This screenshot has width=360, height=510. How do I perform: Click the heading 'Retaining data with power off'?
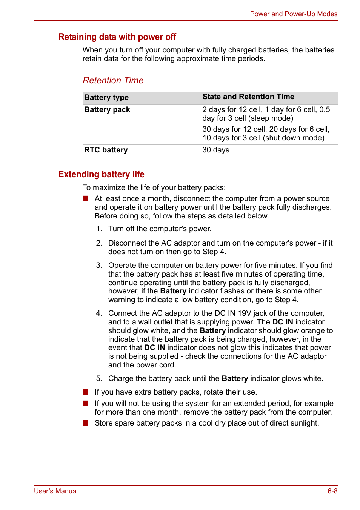117,37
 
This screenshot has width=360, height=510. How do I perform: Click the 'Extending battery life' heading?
101,174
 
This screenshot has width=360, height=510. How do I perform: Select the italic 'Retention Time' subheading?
113,80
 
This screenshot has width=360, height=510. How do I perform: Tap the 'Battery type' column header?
106,97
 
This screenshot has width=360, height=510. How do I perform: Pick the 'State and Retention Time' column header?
248,97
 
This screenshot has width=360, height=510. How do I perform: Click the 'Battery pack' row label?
107,109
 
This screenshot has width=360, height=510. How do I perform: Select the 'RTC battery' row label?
106,150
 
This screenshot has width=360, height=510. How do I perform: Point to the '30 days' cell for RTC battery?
215,150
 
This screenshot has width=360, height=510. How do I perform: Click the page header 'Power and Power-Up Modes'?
294,14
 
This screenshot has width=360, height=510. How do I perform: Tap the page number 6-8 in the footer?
332,491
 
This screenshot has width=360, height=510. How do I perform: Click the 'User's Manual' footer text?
56,491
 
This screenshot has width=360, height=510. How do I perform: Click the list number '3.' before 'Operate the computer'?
99,265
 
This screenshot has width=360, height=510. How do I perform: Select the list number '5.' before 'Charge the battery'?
99,378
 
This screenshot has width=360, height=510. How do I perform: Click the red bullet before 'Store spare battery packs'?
86,423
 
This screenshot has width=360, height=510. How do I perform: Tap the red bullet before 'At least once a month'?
86,198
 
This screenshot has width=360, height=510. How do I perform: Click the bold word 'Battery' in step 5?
235,378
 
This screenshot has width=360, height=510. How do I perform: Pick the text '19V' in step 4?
245,313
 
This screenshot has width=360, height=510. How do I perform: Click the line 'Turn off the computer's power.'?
160,229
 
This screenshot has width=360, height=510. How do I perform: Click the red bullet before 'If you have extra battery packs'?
86,392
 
